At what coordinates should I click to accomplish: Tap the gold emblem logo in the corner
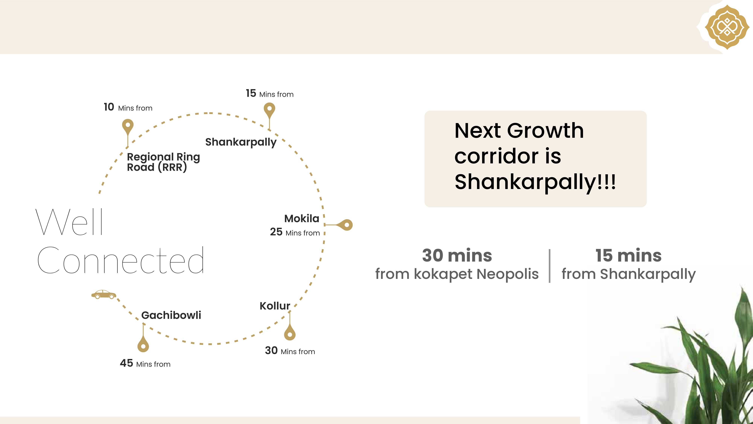(727, 27)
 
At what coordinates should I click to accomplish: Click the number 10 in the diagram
(109, 107)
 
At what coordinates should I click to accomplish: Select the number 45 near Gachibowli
(127, 363)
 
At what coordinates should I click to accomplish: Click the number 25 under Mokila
(276, 232)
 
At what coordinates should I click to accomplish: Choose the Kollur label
(275, 306)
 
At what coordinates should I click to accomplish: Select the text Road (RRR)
(157, 167)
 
